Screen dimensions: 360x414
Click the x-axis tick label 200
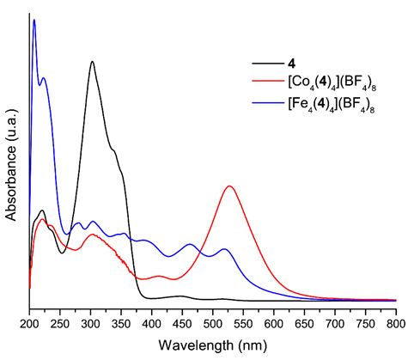[x=29, y=323]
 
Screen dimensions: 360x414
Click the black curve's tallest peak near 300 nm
[x=91, y=62]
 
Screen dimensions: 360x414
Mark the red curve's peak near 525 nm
[x=229, y=186]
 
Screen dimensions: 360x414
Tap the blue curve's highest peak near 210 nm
[x=34, y=20]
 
